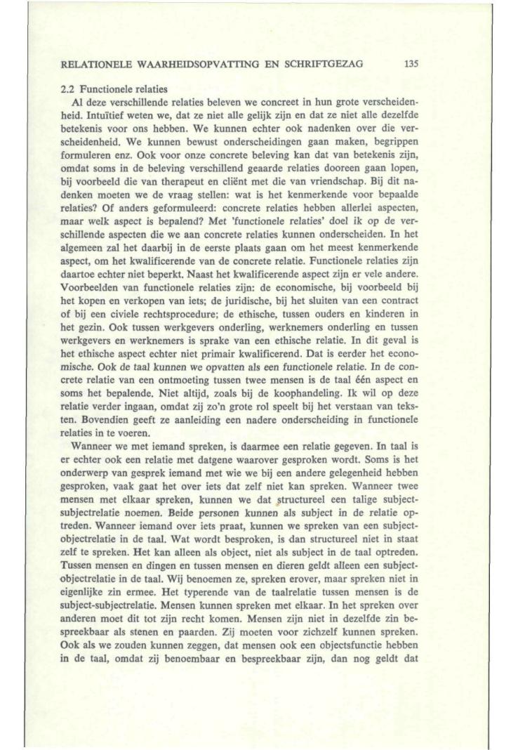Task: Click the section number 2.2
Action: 70,90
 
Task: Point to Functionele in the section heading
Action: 105,90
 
